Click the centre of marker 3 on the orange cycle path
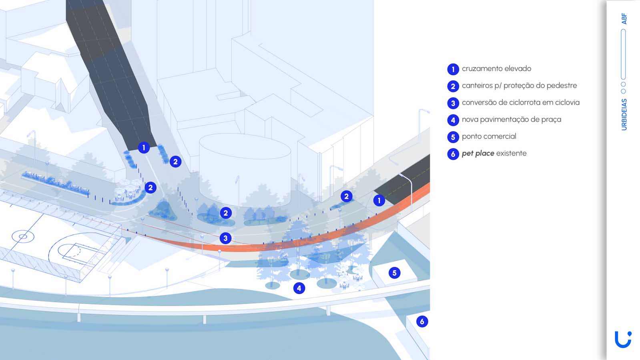(225, 238)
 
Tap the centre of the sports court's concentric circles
(23, 237)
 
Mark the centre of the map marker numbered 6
(422, 322)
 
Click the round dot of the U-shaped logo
(630, 334)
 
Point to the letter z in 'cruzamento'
(477, 69)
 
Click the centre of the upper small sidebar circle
(623, 84)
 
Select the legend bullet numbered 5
(453, 137)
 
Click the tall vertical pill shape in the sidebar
(623, 54)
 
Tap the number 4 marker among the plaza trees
(299, 288)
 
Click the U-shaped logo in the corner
(623, 340)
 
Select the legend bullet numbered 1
(453, 69)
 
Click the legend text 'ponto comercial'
(489, 136)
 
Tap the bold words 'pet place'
(478, 153)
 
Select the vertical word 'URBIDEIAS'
(624, 114)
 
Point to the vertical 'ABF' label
(624, 18)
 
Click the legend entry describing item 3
(521, 102)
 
